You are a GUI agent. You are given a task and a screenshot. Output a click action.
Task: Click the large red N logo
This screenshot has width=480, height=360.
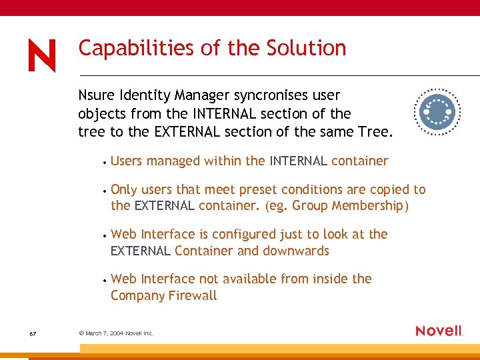[x=42, y=55]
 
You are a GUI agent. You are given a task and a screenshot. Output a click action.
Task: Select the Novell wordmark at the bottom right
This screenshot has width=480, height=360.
[x=439, y=331]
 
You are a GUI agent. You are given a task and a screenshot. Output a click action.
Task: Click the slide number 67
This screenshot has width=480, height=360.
[x=33, y=333]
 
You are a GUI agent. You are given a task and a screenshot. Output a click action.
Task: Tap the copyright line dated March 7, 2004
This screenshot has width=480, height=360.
[x=116, y=333]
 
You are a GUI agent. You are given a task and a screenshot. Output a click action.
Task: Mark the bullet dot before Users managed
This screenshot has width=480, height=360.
[x=104, y=162]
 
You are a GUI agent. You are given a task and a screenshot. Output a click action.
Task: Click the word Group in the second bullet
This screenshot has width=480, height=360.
[x=309, y=206]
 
